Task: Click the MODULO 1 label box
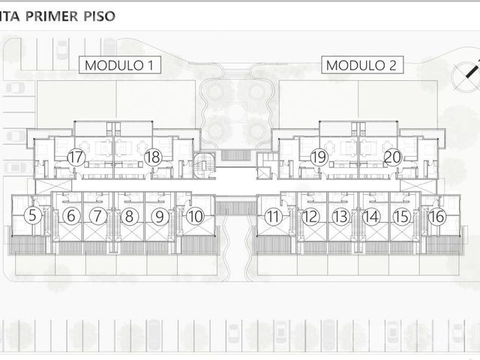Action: (x=120, y=65)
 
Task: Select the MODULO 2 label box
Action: (x=362, y=65)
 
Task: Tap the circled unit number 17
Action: (x=76, y=157)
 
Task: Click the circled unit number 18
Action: (x=153, y=157)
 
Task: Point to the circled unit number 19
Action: (x=319, y=157)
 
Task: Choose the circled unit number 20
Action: (x=392, y=157)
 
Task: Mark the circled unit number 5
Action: (x=32, y=215)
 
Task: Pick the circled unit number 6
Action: (x=71, y=215)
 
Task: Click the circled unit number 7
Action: (x=98, y=215)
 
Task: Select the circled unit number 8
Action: (x=129, y=216)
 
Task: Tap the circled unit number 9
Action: (x=160, y=217)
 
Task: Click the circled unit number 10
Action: (x=195, y=217)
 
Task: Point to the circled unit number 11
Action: (x=273, y=217)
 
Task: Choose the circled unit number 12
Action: (x=310, y=217)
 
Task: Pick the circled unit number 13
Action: (x=340, y=217)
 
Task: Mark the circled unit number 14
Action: (x=371, y=217)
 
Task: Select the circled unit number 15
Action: (x=401, y=217)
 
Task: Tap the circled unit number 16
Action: (x=436, y=217)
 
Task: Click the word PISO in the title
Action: (x=100, y=16)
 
